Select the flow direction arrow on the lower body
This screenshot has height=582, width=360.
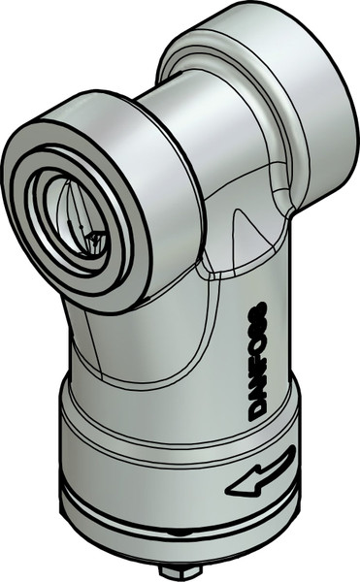pos(259,474)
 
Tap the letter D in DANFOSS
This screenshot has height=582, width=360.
pos(258,408)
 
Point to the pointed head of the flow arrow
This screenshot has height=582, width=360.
pos(235,486)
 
